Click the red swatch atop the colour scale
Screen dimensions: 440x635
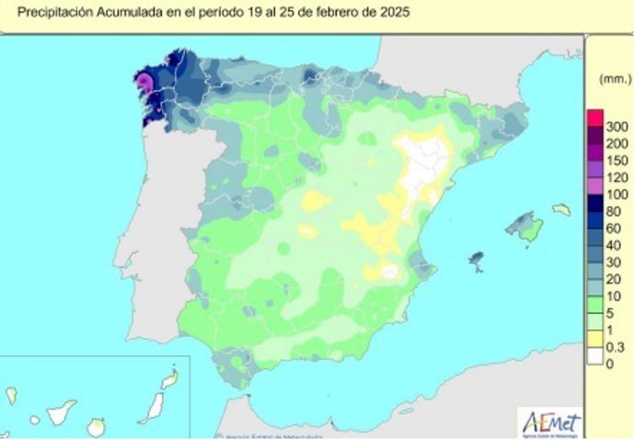[x=595, y=118]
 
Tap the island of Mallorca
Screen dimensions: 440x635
[x=525, y=227]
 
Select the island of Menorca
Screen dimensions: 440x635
[x=560, y=210]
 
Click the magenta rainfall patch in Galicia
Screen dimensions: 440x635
[x=145, y=85]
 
